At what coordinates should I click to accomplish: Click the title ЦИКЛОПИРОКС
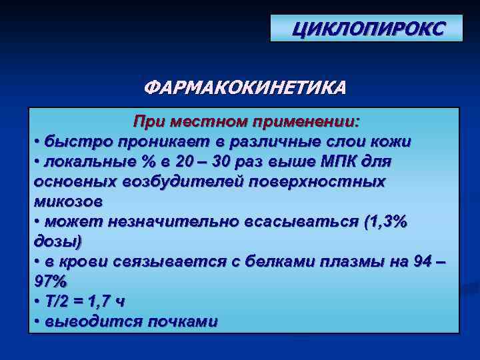click(x=366, y=29)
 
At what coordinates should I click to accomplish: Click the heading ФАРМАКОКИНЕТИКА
click(x=245, y=88)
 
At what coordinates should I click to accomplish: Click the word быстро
click(x=74, y=142)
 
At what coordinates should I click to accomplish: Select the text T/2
click(x=60, y=301)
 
